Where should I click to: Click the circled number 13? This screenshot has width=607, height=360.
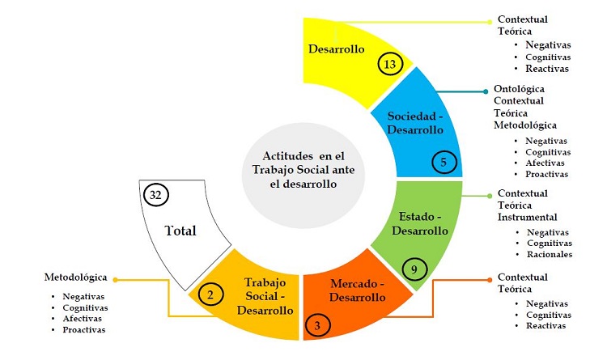389,63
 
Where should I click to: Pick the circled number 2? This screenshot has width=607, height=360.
210,294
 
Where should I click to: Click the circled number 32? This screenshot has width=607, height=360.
155,195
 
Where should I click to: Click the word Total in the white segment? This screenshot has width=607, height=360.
181,230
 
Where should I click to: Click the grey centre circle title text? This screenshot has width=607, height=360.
303,170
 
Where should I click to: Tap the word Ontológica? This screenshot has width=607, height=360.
520,89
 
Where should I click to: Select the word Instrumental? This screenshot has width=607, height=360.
527,217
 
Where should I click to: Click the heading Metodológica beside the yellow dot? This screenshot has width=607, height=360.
75,277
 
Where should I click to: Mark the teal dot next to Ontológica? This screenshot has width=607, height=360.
485,91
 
